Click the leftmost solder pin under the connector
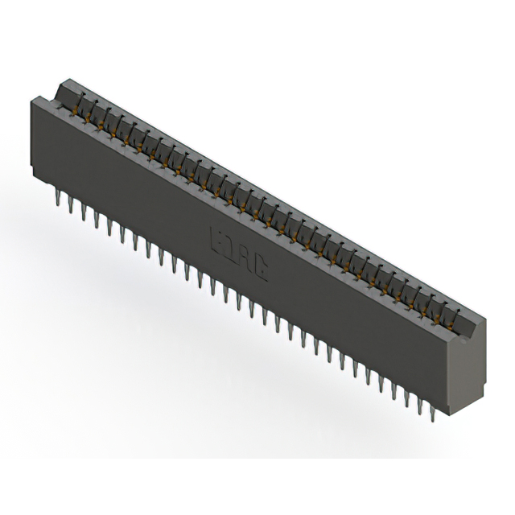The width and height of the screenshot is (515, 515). (59, 195)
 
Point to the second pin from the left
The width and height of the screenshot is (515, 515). (71, 203)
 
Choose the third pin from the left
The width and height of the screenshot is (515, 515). (84, 210)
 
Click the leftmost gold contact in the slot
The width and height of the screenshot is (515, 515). (79, 107)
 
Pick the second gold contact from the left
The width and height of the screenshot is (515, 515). (92, 114)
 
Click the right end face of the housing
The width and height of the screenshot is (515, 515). (475, 362)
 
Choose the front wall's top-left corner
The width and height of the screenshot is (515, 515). (31, 98)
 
